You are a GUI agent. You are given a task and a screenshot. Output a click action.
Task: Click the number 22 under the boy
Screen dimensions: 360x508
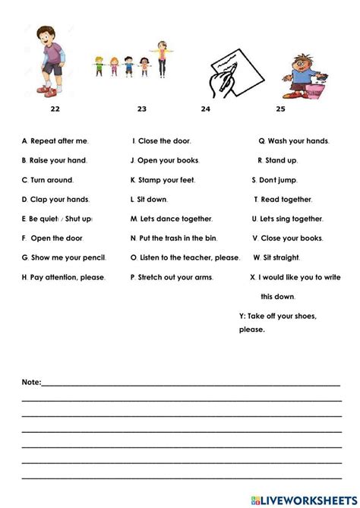pyautogui.click(x=54, y=109)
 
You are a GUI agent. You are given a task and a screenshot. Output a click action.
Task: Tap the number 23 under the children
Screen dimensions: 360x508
pyautogui.click(x=142, y=109)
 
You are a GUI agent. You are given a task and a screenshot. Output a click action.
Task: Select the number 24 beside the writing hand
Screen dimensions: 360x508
pyautogui.click(x=205, y=109)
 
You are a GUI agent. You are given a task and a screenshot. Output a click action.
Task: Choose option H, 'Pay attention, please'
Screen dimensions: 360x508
pyautogui.click(x=64, y=278)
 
